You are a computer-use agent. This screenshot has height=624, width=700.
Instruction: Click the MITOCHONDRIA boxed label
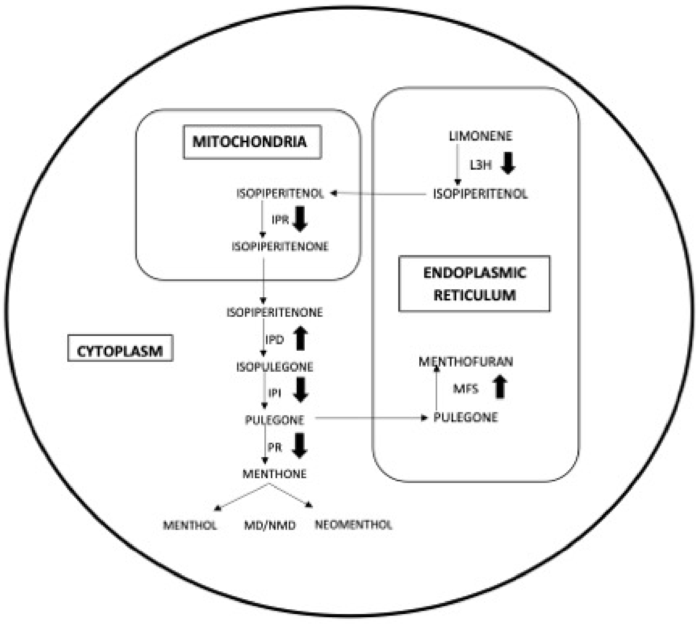pyautogui.click(x=252, y=142)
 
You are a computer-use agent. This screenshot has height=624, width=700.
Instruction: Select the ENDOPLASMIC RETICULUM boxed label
pyautogui.click(x=474, y=283)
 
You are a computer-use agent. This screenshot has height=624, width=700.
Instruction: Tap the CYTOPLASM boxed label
pyautogui.click(x=120, y=351)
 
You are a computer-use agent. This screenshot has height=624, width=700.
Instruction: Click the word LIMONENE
pyautogui.click(x=481, y=136)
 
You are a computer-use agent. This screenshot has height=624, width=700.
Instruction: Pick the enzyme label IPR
pyautogui.click(x=280, y=220)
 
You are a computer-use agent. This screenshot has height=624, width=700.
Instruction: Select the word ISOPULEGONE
pyautogui.click(x=275, y=367)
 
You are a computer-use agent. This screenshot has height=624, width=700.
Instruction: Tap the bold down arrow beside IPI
pyautogui.click(x=301, y=390)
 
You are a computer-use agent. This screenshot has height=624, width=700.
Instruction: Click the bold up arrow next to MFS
pyautogui.click(x=500, y=387)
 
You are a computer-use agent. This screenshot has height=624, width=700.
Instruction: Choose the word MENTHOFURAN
pyautogui.click(x=465, y=361)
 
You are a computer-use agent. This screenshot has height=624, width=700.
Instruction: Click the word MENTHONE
pyautogui.click(x=275, y=474)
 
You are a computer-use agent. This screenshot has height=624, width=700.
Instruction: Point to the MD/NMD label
pyautogui.click(x=270, y=526)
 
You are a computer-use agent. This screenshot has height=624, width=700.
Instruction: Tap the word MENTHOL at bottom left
pyautogui.click(x=190, y=525)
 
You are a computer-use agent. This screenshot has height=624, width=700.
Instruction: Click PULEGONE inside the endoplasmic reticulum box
pyautogui.click(x=465, y=417)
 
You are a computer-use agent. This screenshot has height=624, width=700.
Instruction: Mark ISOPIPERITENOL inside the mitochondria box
pyautogui.click(x=280, y=194)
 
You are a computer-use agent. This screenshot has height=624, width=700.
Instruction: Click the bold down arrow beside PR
pyautogui.click(x=300, y=445)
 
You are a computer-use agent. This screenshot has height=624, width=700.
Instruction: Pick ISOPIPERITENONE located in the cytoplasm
pyautogui.click(x=275, y=312)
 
